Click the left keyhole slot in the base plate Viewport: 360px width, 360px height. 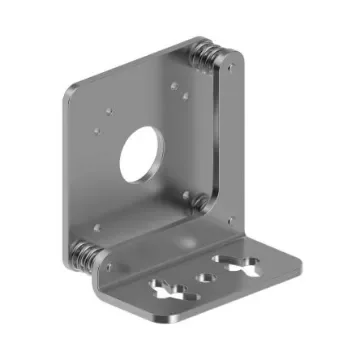(x=166, y=291)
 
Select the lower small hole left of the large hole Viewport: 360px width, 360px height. (x=96, y=128)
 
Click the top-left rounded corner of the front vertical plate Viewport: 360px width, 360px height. (x=70, y=90)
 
